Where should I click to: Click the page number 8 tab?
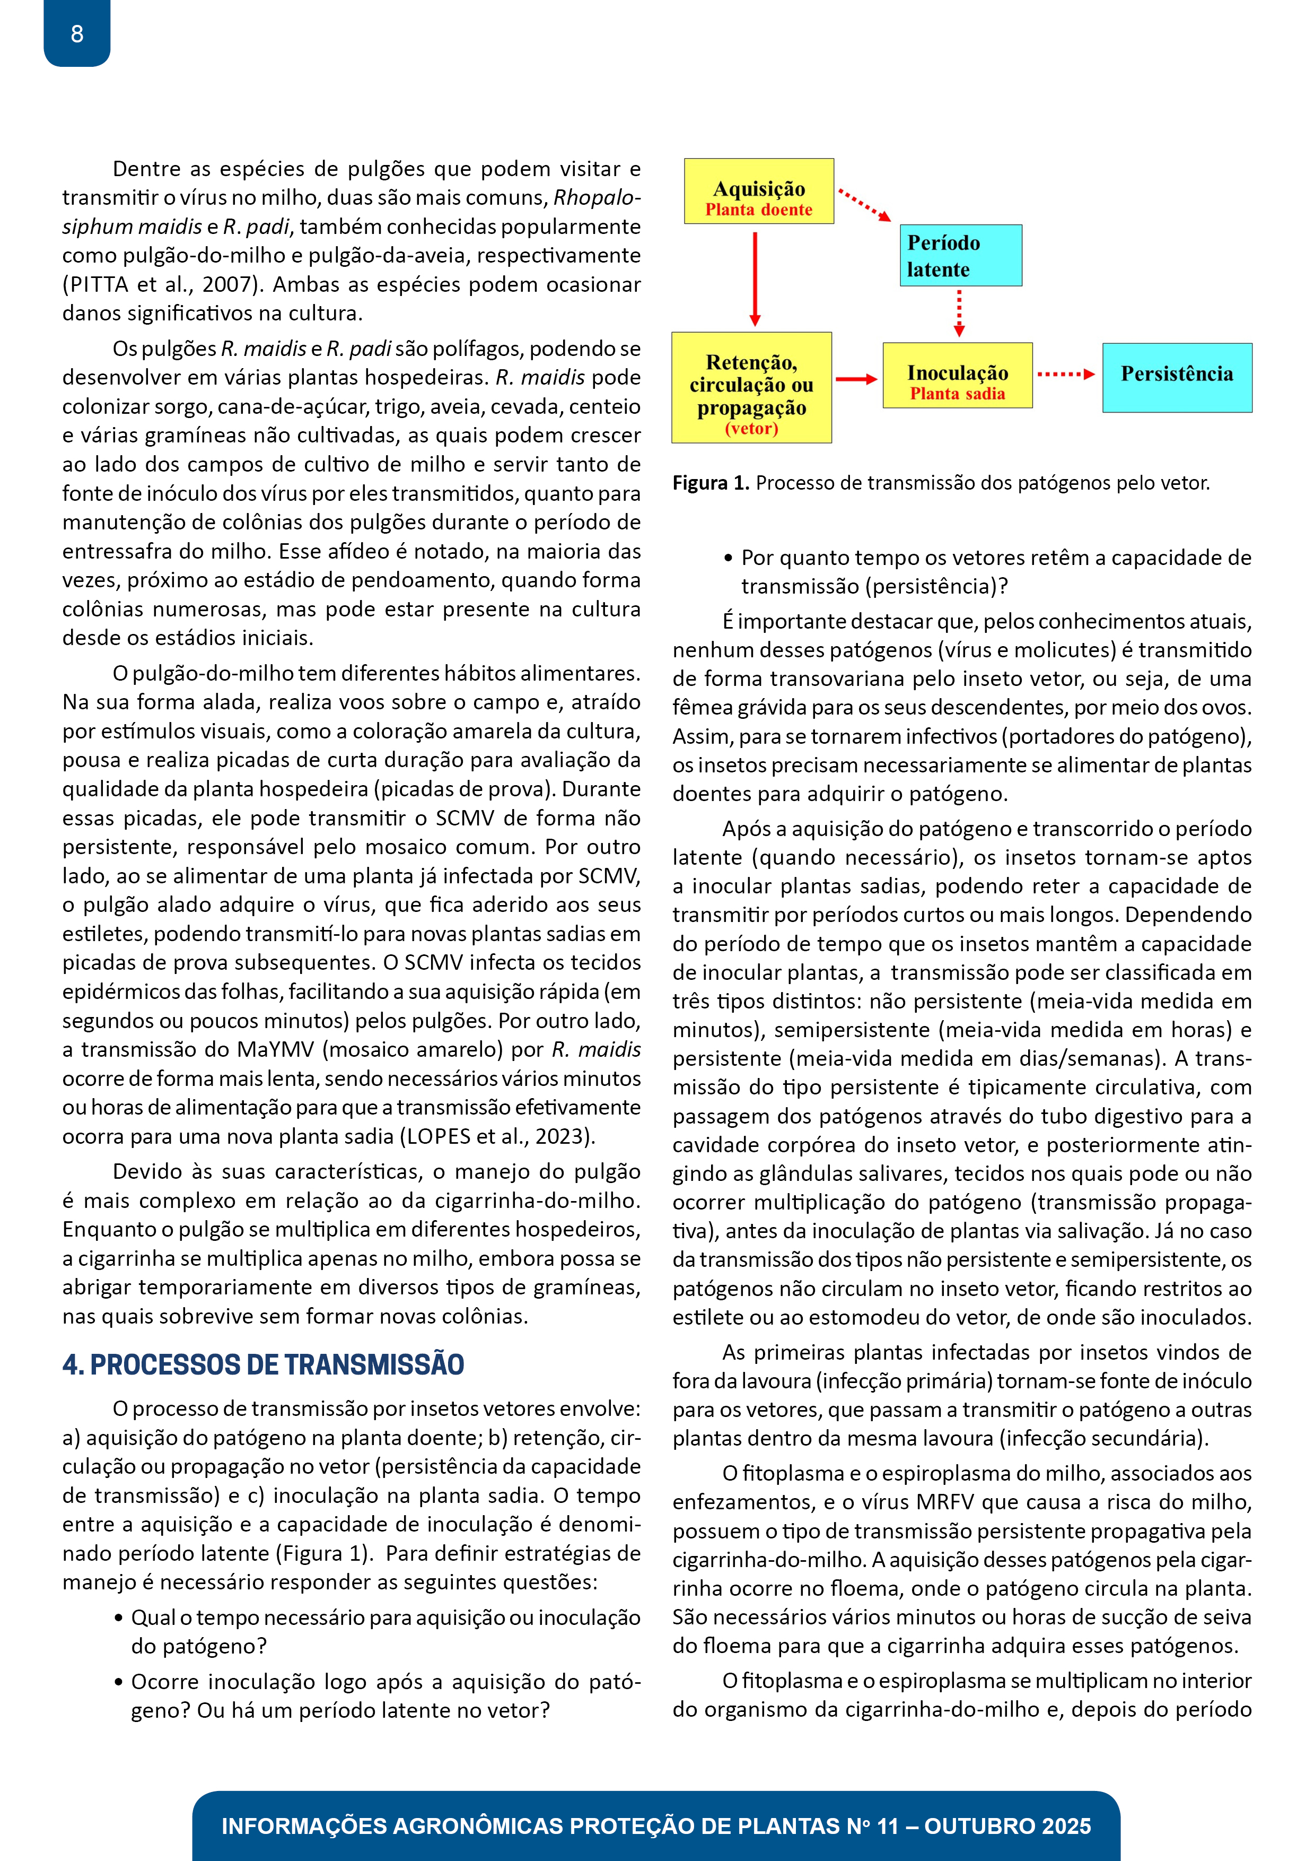click(77, 33)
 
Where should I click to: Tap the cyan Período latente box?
click(960, 255)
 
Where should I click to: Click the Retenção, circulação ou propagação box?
click(751, 387)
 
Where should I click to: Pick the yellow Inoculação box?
click(957, 375)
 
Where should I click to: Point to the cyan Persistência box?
click(1177, 378)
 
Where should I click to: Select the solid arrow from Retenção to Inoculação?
click(856, 379)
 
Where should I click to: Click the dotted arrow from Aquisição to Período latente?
click(864, 205)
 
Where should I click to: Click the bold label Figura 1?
click(711, 483)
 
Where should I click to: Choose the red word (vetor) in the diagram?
click(751, 429)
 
